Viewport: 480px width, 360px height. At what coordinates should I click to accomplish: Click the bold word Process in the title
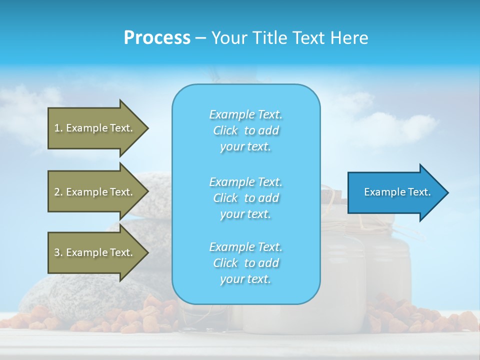coord(157,38)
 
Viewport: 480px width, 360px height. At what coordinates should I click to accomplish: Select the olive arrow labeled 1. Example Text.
coord(95,128)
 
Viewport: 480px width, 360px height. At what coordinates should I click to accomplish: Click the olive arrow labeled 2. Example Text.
coord(95,192)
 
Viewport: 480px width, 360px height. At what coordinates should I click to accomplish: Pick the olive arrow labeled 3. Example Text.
coord(95,252)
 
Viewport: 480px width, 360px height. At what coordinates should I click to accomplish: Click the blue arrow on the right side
coord(395,192)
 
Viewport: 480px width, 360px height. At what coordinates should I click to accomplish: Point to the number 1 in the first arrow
coord(57,128)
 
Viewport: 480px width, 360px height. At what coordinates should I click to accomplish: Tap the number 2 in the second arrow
coord(57,192)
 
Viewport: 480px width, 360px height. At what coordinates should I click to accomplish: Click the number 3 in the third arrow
coord(57,252)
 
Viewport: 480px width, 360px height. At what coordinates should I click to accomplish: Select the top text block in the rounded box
coord(245,130)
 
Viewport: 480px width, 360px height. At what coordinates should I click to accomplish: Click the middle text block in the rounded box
coord(245,198)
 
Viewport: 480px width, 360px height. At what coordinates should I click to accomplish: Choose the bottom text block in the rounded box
coord(245,263)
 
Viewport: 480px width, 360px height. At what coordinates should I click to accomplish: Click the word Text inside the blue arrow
coord(419,192)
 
